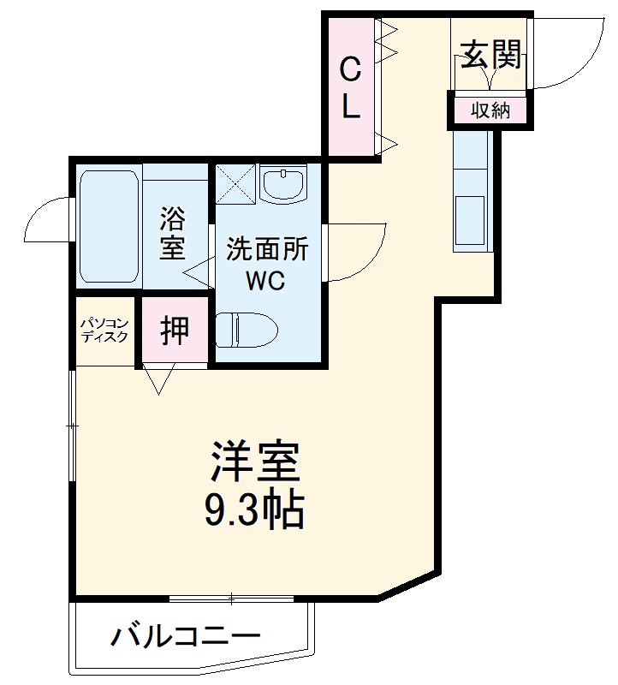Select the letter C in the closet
(x=349, y=68)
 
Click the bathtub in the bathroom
(x=109, y=227)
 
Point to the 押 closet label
(x=175, y=330)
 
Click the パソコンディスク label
(x=104, y=330)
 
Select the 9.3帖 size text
(x=254, y=510)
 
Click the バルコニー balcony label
(x=185, y=636)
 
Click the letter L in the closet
(x=349, y=107)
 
